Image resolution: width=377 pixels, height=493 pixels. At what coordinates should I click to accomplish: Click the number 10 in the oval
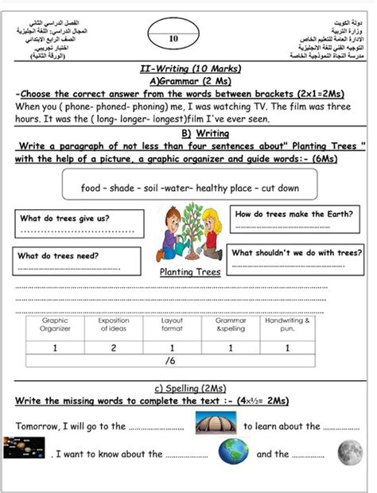tap(174, 37)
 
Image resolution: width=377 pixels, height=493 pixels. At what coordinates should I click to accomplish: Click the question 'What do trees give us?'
tap(65, 218)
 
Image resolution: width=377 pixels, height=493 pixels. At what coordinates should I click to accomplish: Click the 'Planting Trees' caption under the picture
tap(189, 271)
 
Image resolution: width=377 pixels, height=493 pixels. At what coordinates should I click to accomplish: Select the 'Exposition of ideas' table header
tap(113, 325)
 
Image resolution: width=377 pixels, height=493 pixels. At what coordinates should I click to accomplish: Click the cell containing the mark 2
tap(113, 347)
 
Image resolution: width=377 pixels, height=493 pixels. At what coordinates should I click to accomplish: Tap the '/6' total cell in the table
tap(169, 360)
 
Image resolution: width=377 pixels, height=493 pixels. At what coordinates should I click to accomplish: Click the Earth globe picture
tap(233, 452)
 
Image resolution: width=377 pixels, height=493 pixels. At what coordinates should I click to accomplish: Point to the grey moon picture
tap(349, 452)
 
